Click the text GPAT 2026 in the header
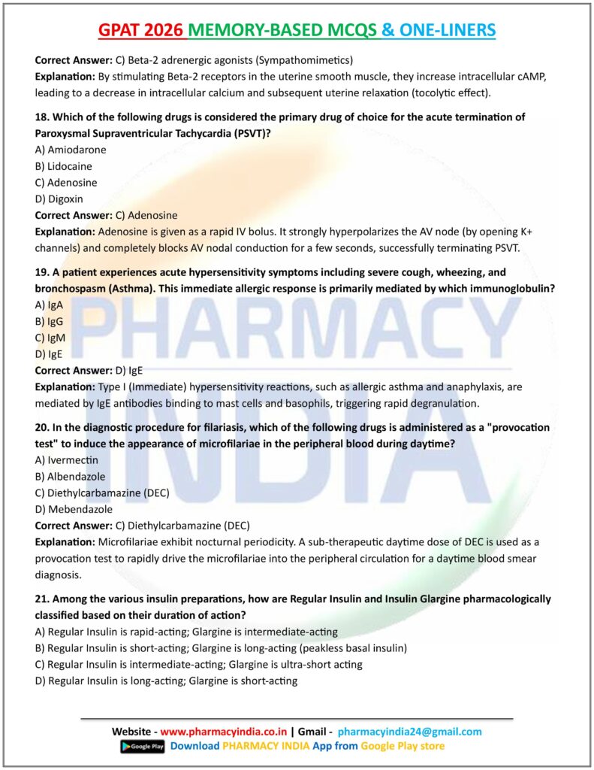[x=142, y=29]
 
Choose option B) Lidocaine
[x=64, y=166]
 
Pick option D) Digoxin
[x=59, y=199]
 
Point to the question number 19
[x=42, y=272]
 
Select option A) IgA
[x=50, y=305]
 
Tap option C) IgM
[x=50, y=338]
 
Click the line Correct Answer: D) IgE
[x=89, y=370]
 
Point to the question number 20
[x=43, y=426]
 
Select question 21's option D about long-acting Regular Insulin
[x=167, y=681]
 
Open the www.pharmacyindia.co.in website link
[x=224, y=731]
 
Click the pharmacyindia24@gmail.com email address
[x=410, y=731]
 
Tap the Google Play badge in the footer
[x=142, y=746]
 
